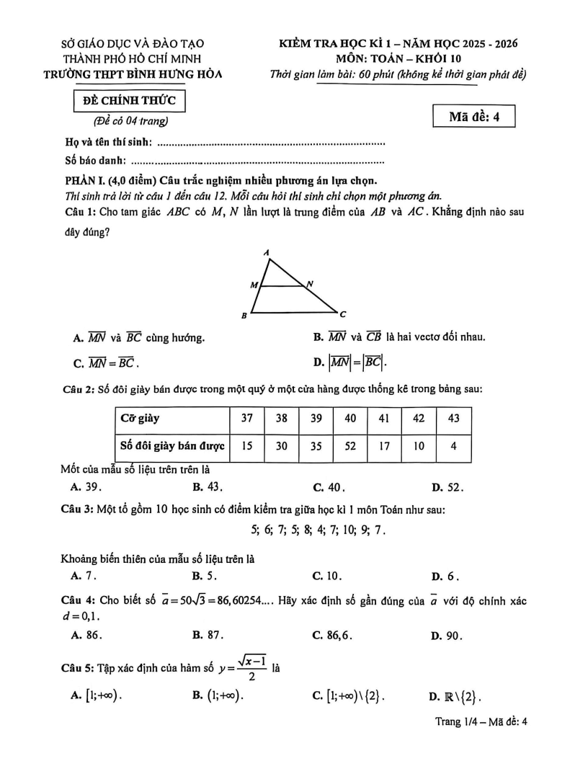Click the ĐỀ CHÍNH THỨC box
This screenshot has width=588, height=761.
tap(130, 100)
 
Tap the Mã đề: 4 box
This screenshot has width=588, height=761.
tap(474, 116)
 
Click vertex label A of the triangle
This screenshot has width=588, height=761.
tap(267, 253)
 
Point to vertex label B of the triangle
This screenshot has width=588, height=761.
tap(245, 316)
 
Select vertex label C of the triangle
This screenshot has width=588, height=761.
tap(343, 314)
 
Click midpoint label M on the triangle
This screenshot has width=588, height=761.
tap(253, 285)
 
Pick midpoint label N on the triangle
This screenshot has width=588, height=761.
tap(310, 284)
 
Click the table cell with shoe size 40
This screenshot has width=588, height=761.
tap(350, 418)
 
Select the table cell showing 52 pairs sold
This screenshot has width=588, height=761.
tap(350, 445)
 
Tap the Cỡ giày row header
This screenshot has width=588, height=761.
tap(171, 418)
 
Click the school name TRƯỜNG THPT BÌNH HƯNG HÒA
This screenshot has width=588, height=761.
tap(142, 74)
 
